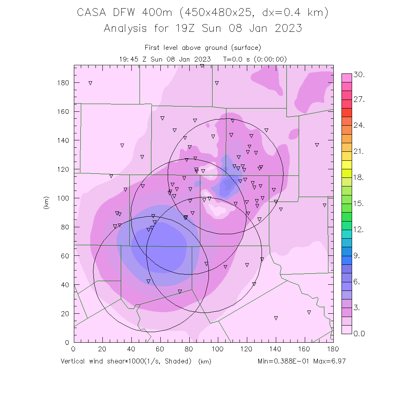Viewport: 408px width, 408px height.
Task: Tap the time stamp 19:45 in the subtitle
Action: [128, 59]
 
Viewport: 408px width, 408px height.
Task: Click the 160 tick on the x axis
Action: [304, 349]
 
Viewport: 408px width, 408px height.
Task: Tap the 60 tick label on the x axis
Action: [160, 349]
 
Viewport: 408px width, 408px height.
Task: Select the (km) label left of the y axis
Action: [46, 204]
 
